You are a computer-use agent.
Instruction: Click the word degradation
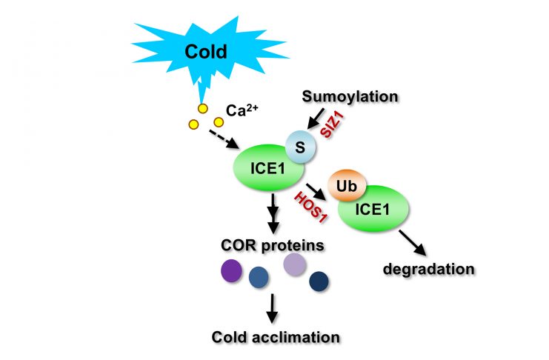pos(427,268)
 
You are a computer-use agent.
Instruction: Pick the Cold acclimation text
pos(275,336)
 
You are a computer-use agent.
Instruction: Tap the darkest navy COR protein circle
pos(319,281)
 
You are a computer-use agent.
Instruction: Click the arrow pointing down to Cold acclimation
pos(273,306)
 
